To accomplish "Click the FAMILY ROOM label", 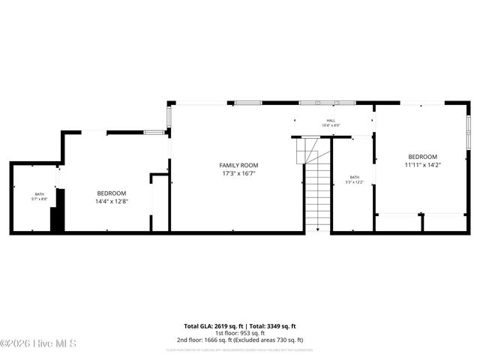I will tap(238, 165).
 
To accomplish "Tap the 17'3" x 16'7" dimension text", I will tap(238, 173).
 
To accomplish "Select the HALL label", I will tap(331, 120).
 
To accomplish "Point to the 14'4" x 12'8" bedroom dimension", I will tap(111, 201).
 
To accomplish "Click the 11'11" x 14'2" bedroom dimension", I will tap(422, 164).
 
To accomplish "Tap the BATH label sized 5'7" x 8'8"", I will tap(40, 195).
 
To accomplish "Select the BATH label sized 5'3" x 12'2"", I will tap(354, 178).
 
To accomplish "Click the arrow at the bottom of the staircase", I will tap(318, 229).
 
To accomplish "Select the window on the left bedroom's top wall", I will tap(154, 133).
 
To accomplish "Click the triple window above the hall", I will tap(326, 102).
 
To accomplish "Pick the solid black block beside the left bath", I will tap(58, 211).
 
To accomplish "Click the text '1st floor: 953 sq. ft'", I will tap(240, 333).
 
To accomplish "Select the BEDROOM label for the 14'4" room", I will tap(111, 193).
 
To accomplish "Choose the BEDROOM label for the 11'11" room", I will tap(422, 157).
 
